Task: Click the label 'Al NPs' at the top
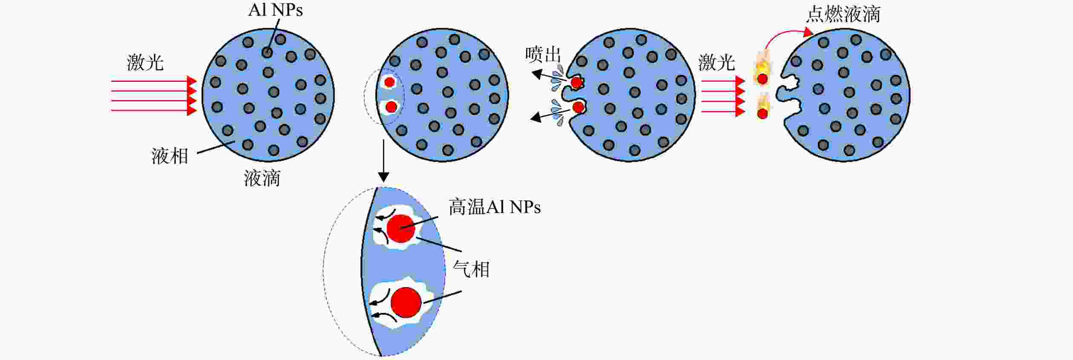(x=275, y=10)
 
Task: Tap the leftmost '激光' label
(x=145, y=63)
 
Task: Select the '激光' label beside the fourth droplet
(x=716, y=63)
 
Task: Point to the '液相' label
(x=170, y=156)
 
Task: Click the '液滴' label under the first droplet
(x=262, y=178)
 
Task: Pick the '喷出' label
(x=543, y=55)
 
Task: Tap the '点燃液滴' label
(x=843, y=14)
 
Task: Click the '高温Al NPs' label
(x=495, y=207)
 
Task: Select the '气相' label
(x=471, y=269)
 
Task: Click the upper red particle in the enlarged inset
(x=401, y=229)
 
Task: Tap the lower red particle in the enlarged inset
(x=406, y=302)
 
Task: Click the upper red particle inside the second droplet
(x=389, y=82)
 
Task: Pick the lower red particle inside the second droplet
(x=391, y=107)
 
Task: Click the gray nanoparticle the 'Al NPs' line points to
(x=267, y=52)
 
